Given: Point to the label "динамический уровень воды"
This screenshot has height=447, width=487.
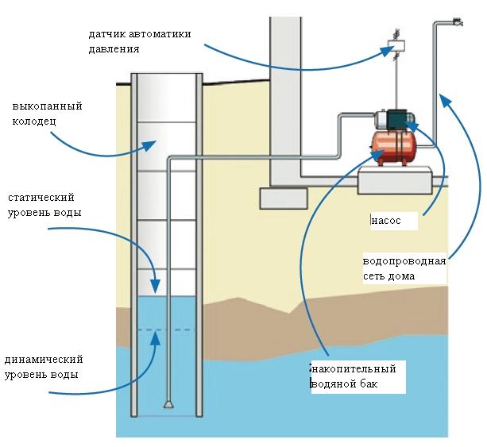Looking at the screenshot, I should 44,367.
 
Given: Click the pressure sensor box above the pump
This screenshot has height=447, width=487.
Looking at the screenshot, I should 394,45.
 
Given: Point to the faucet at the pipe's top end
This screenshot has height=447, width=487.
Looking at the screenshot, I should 456,23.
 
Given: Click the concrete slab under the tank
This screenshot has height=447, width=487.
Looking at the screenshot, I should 394,181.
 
